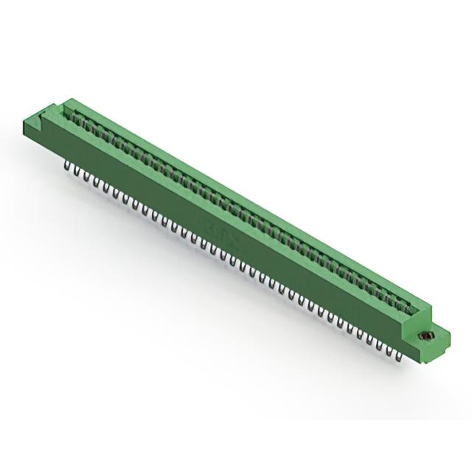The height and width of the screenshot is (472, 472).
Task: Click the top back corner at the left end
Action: coord(74,97)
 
